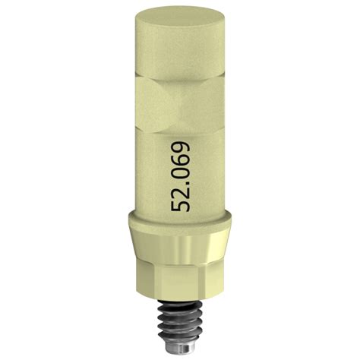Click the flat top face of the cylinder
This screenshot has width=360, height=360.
(180, 17)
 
